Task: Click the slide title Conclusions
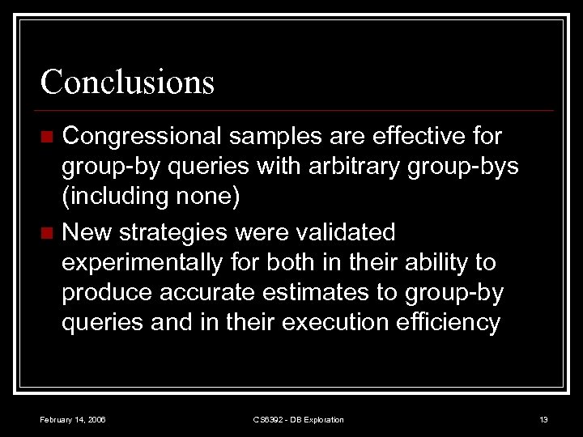[x=127, y=82]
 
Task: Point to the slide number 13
[x=543, y=419]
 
